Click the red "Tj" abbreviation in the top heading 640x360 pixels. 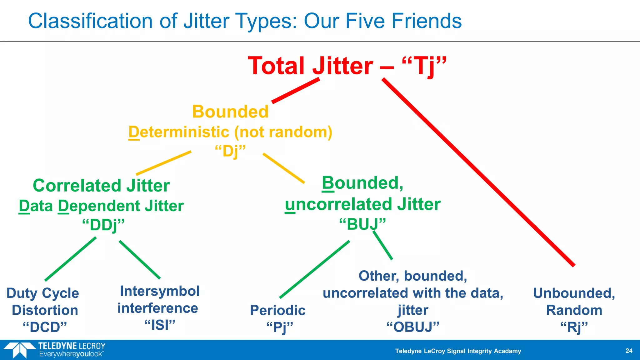424,66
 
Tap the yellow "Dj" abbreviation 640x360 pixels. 231,152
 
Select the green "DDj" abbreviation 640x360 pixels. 103,225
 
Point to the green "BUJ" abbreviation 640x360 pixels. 363,224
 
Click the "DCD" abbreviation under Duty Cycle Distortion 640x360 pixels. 45,327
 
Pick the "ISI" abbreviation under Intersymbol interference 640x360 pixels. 160,325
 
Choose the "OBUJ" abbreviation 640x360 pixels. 413,327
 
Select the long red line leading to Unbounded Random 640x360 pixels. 478,172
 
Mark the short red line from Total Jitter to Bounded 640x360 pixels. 296,91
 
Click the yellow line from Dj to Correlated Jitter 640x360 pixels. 163,163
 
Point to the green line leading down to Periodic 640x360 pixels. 314,269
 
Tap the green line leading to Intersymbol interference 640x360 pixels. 140,259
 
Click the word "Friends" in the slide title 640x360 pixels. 427,21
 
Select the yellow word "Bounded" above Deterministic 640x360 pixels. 230,112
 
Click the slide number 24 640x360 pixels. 629,351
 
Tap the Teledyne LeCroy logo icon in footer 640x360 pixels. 19,350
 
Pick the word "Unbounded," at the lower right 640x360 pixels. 574,293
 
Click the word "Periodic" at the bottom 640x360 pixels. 277,310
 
